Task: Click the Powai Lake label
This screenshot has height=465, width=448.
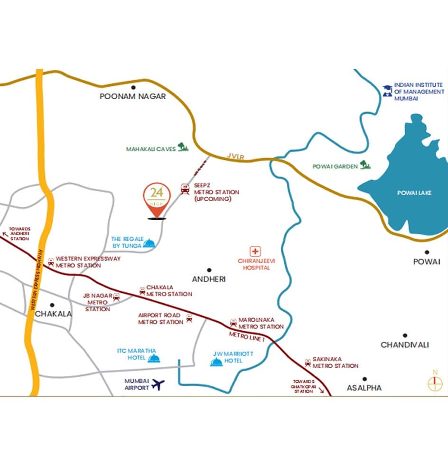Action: [415, 193]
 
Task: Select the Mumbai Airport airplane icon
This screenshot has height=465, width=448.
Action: [158, 384]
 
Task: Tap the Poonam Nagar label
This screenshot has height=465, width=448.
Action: [132, 96]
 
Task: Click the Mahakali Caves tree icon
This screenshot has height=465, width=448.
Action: [182, 147]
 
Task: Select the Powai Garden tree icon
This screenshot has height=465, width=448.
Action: [365, 165]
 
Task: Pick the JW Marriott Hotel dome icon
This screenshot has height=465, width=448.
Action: [216, 362]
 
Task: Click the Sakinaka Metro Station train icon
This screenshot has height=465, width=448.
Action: [308, 363]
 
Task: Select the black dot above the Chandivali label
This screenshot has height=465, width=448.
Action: [405, 335]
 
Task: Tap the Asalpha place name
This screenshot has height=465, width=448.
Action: [364, 388]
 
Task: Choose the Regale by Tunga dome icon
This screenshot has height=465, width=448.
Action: [149, 243]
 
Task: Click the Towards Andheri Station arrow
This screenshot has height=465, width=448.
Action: [6, 233]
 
